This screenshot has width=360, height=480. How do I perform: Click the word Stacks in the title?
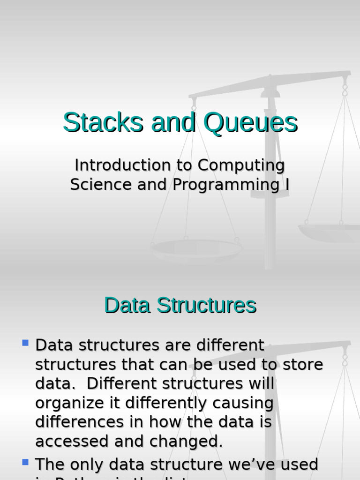coord(104,123)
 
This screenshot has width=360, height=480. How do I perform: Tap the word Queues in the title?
coord(250,123)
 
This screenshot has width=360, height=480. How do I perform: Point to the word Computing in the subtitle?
coord(241,165)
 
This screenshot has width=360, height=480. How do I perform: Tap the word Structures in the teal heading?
coord(207,305)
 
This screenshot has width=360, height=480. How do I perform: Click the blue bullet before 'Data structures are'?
coord(25,343)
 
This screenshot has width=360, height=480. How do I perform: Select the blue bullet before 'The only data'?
coord(25,462)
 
